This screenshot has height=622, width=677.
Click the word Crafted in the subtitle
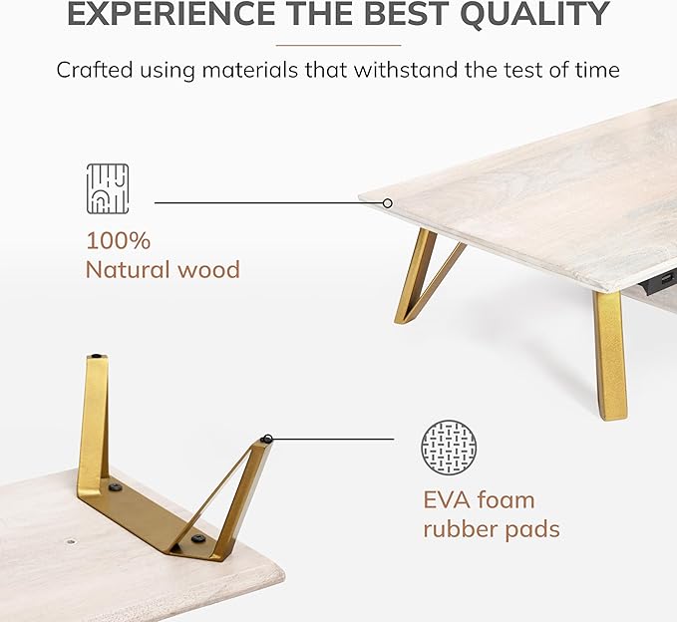click(94, 70)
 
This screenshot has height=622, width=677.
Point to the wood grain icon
click(108, 189)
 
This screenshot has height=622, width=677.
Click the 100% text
click(119, 240)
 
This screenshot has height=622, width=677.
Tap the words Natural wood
click(163, 270)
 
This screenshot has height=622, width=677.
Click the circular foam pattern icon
click(449, 448)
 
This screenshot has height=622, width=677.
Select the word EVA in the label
click(448, 500)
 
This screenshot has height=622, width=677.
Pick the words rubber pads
click(492, 529)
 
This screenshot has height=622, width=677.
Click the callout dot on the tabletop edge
click(388, 203)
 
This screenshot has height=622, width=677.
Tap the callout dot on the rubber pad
click(268, 439)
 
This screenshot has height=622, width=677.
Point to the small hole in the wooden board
click(71, 540)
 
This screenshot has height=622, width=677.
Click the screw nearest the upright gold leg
click(115, 487)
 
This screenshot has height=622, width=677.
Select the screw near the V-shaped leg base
click(197, 538)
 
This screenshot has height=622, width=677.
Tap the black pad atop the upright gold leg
click(97, 356)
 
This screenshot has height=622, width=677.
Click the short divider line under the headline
click(339, 45)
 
